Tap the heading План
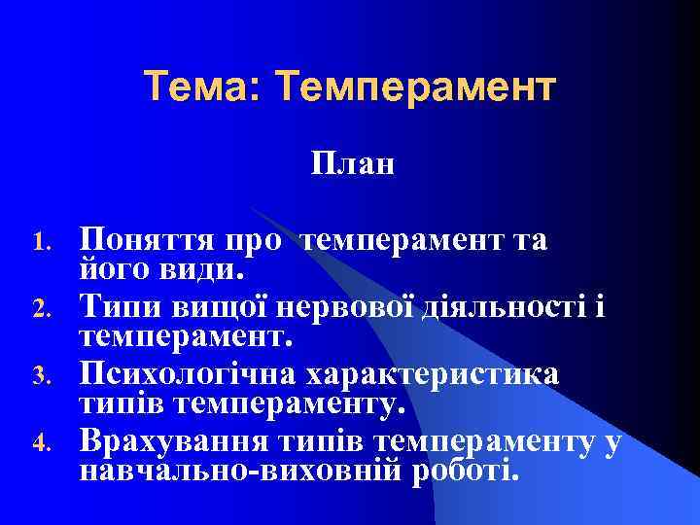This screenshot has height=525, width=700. coord(353,163)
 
